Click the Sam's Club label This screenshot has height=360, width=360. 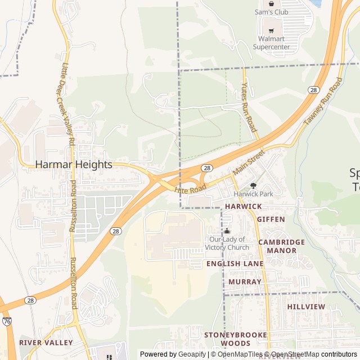tap(271, 12)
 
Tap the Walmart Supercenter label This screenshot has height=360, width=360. tap(271, 43)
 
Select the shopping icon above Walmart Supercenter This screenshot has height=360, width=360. tap(271, 29)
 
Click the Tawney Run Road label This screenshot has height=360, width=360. tap(323, 101)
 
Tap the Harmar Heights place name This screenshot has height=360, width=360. tap(74, 165)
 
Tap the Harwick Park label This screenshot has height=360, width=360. tap(253, 194)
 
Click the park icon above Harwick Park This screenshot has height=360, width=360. tap(253, 185)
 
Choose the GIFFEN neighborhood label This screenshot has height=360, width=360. tap(271, 219)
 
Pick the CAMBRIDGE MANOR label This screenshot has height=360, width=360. tap(282, 246)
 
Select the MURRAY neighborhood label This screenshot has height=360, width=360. tap(245, 281)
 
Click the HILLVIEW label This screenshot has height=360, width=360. tap(306, 307)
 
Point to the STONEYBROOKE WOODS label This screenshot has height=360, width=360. tap(235, 339)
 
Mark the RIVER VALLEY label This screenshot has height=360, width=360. tap(46, 342)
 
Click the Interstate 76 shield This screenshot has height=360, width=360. tap(6, 321)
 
